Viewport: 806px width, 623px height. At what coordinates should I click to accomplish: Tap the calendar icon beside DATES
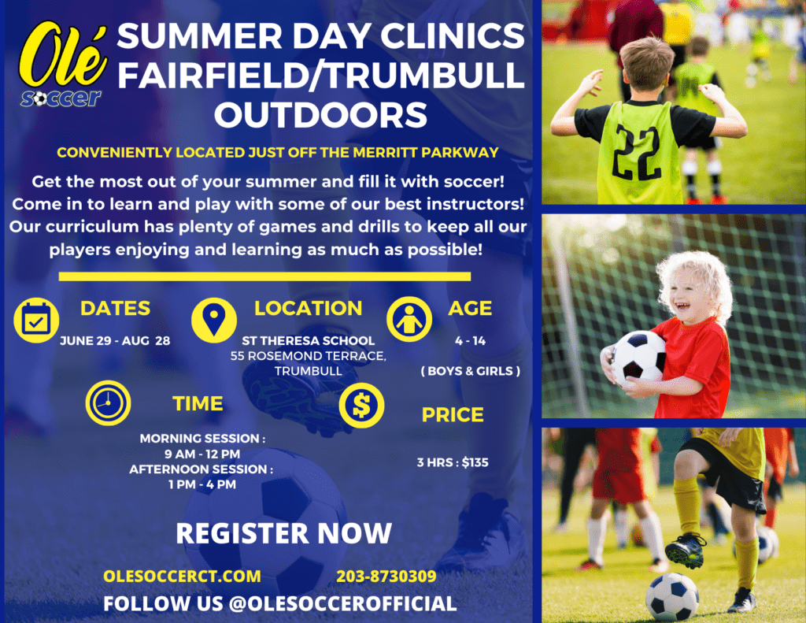(36, 320)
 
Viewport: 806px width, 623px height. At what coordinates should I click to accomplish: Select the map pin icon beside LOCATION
(214, 320)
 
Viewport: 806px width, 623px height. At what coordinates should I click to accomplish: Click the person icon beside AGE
(409, 320)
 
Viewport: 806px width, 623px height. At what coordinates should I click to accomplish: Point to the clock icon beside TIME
(108, 402)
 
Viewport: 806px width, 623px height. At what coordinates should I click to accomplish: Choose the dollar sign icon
(361, 406)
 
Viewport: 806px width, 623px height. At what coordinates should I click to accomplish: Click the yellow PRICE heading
(453, 414)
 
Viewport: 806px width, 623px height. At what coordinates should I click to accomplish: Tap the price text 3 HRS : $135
(453, 462)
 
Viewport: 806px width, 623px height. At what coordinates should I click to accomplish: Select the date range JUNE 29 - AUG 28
(115, 340)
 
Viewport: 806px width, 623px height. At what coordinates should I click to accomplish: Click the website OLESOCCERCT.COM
(182, 577)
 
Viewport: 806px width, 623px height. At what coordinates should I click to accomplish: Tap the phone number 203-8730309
(386, 577)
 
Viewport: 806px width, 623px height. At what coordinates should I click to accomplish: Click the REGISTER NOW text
(283, 533)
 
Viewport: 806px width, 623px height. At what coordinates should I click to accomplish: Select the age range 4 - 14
(471, 340)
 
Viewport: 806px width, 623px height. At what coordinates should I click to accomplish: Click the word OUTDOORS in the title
(321, 114)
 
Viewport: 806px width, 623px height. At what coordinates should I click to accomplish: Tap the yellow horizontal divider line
(264, 276)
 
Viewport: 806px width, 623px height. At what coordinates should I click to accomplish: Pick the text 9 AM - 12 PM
(202, 454)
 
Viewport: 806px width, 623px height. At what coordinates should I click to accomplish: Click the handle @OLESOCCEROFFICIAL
(342, 604)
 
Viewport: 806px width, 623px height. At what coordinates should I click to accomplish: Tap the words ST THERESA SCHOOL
(309, 340)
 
